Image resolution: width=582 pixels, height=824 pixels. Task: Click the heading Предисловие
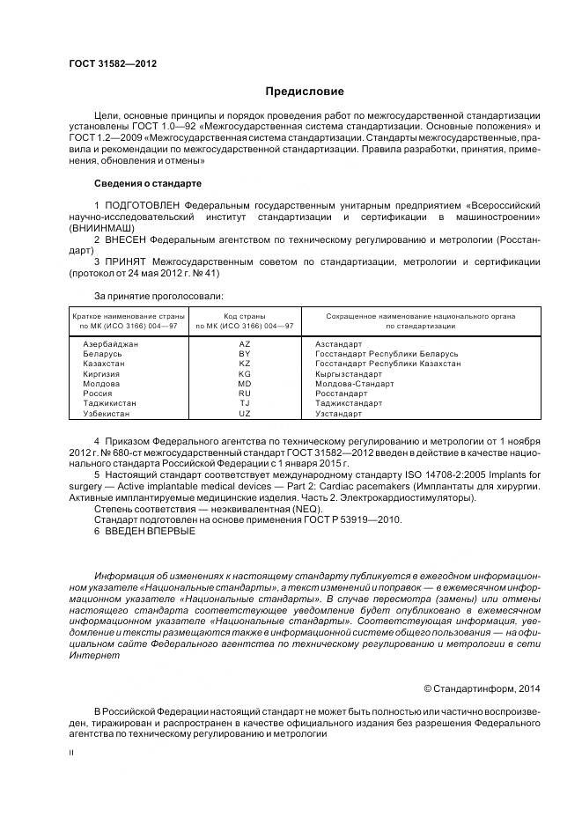click(305, 91)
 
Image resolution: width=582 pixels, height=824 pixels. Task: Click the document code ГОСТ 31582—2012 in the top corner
click(107, 63)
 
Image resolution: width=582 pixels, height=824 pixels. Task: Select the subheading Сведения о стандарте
click(147, 184)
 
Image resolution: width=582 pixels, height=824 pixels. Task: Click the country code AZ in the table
click(245, 343)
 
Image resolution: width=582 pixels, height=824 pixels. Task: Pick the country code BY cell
click(245, 353)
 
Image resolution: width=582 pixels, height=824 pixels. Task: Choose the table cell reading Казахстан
click(103, 363)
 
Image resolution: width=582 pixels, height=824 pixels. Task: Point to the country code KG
click(245, 373)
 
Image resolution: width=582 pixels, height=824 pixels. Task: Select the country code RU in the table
click(245, 393)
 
